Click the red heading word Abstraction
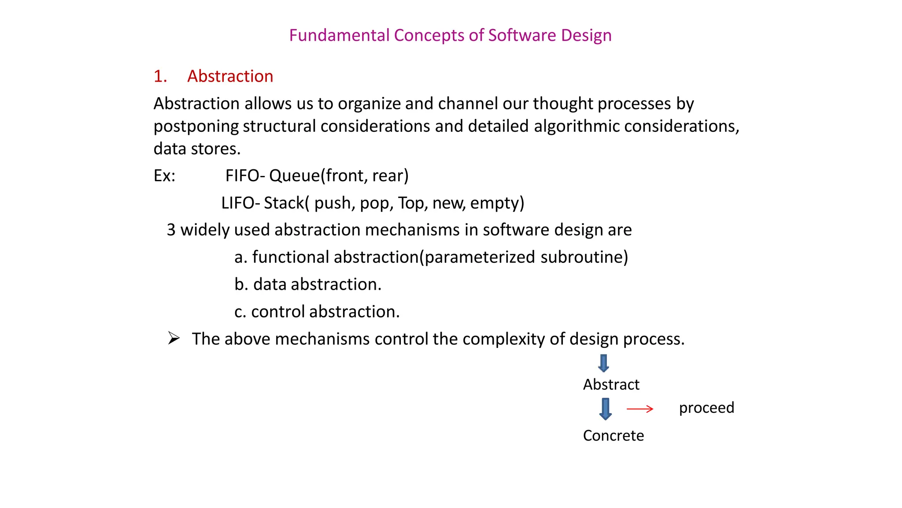click(230, 76)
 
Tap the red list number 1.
click(160, 76)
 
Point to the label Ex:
click(164, 176)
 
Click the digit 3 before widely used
click(171, 230)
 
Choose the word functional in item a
click(291, 257)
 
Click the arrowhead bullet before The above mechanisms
click(174, 339)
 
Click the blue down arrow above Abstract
click(603, 363)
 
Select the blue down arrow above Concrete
click(606, 409)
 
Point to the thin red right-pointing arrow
click(640, 409)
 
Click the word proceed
click(706, 408)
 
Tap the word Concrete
click(613, 436)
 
